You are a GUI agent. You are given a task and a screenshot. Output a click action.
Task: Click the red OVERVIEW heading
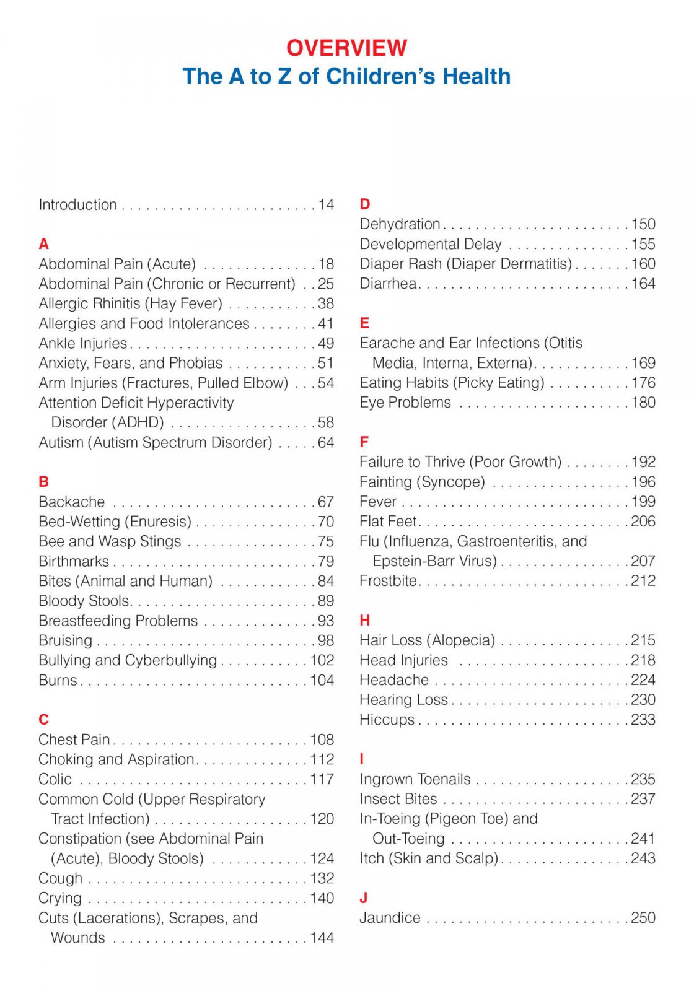pyautogui.click(x=346, y=48)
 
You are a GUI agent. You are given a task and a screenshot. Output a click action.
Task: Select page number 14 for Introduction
pyautogui.click(x=326, y=204)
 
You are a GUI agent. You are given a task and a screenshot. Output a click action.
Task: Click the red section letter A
pyautogui.click(x=43, y=244)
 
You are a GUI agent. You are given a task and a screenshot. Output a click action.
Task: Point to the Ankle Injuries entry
pyautogui.click(x=82, y=343)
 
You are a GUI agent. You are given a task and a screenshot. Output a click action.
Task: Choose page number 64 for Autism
pyautogui.click(x=326, y=442)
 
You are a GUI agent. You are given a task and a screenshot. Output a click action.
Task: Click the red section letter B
pyautogui.click(x=43, y=482)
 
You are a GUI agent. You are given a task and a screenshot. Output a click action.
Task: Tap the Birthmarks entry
pyautogui.click(x=74, y=561)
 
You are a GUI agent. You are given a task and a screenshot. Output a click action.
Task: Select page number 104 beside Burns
pyautogui.click(x=322, y=680)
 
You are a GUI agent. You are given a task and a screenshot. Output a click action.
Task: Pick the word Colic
pyautogui.click(x=55, y=779)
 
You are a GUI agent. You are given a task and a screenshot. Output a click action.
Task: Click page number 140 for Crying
pyautogui.click(x=322, y=898)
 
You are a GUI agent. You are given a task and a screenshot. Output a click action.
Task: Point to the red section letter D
pyautogui.click(x=365, y=204)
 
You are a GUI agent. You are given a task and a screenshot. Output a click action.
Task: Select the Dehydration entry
pyautogui.click(x=400, y=224)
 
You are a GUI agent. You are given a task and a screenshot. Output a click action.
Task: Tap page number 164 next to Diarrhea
pyautogui.click(x=643, y=284)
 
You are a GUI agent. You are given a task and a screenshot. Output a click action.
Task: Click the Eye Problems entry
pyautogui.click(x=405, y=403)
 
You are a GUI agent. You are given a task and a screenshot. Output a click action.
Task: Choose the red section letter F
pyautogui.click(x=364, y=442)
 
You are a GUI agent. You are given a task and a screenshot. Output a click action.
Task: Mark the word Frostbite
pyautogui.click(x=389, y=581)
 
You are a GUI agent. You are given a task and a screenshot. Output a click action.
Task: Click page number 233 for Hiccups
pyautogui.click(x=643, y=720)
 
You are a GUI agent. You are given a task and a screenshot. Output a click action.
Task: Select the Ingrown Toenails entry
pyautogui.click(x=415, y=779)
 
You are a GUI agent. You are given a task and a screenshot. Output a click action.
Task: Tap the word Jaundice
pyautogui.click(x=390, y=918)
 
